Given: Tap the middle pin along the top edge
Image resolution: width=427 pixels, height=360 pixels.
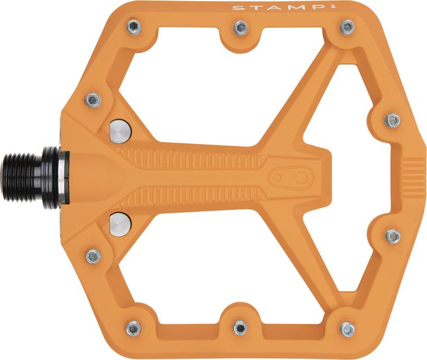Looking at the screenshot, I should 240,27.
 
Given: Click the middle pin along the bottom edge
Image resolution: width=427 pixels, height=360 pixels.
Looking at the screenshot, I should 240,327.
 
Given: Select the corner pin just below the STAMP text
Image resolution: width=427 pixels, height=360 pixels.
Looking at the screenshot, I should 347,27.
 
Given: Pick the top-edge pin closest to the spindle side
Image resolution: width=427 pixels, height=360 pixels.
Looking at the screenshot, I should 133,27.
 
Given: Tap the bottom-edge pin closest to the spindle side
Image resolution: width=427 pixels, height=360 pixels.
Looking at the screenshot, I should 133,328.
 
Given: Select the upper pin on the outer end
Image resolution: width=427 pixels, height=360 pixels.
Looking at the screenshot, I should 392,120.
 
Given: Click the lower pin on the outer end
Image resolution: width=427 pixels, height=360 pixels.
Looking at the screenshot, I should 393,236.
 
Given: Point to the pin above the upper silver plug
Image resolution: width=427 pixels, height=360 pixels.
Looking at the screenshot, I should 93,100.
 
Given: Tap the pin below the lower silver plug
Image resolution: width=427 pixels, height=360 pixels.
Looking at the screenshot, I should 93,256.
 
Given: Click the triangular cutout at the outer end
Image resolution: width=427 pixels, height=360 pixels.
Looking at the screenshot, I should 350,178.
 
